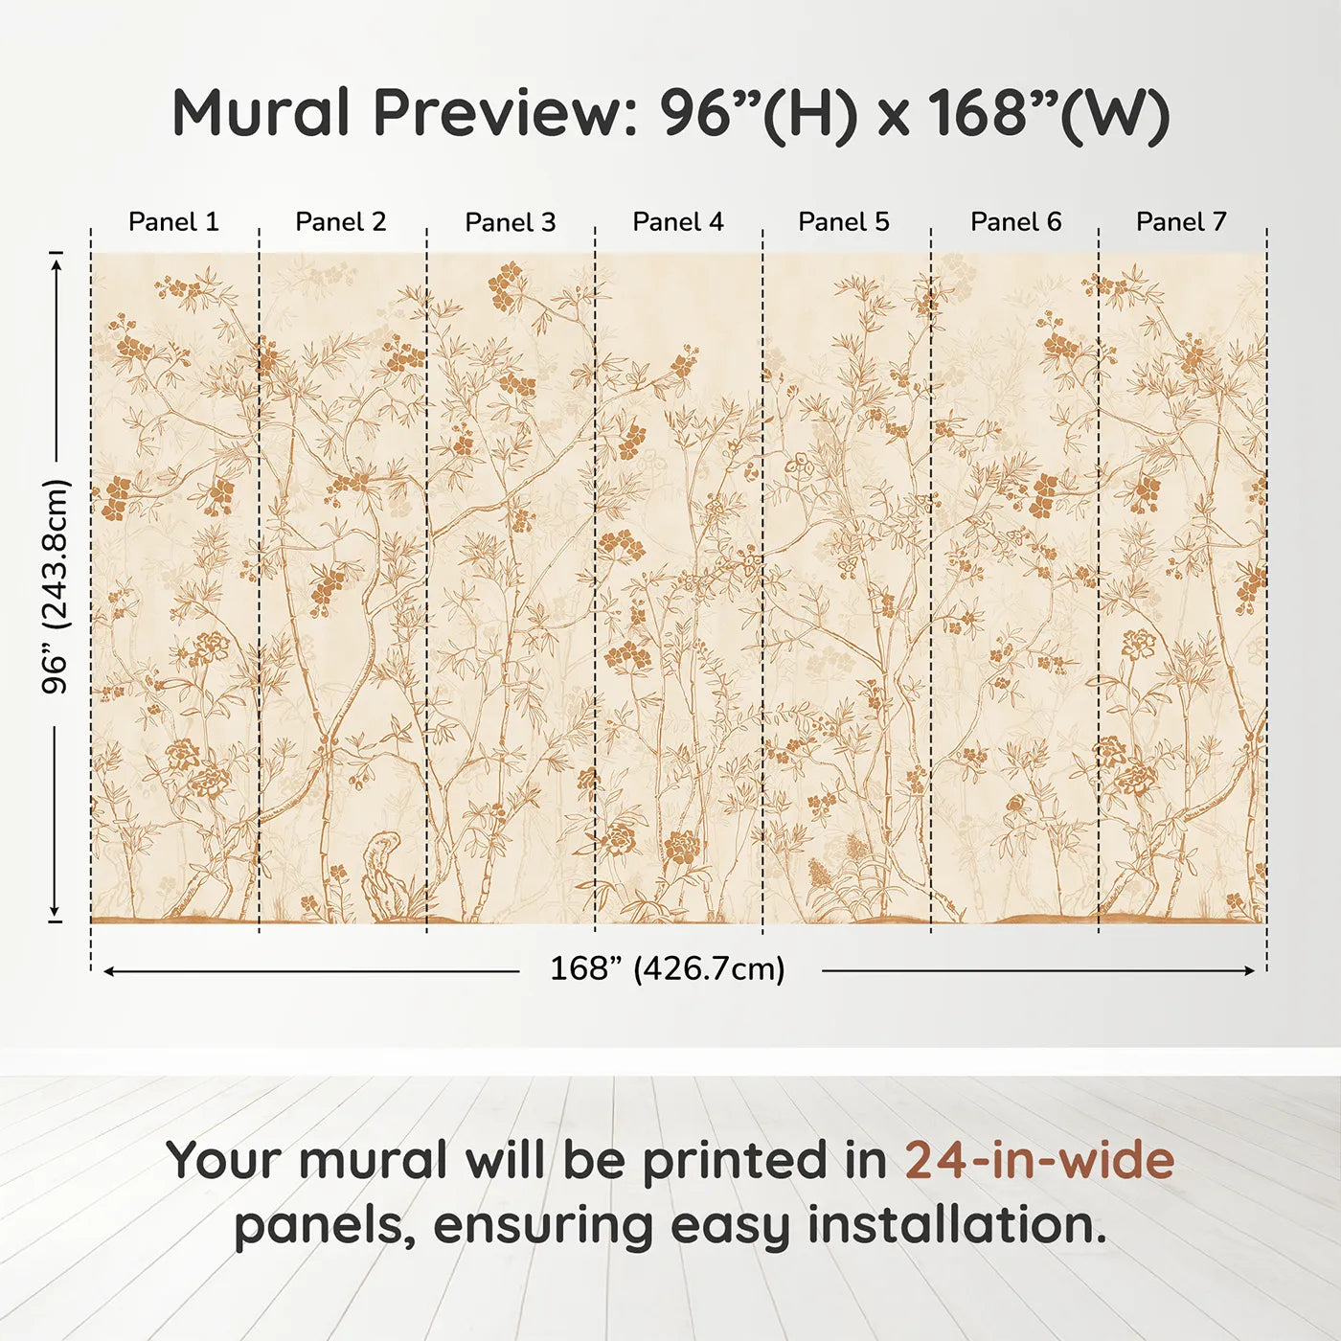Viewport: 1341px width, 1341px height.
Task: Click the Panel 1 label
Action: pyautogui.click(x=173, y=222)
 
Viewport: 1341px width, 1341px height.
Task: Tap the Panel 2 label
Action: pyautogui.click(x=341, y=222)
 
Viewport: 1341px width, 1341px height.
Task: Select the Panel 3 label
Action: pyautogui.click(x=511, y=222)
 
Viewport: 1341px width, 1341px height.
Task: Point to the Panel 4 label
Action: pyautogui.click(x=678, y=222)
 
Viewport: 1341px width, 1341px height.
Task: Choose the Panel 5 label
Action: pyautogui.click(x=844, y=222)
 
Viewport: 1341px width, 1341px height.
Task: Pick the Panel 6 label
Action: pyautogui.click(x=1016, y=222)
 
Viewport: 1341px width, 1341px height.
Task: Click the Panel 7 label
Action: pyautogui.click(x=1181, y=222)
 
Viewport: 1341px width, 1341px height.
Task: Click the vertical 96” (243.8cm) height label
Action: pyautogui.click(x=57, y=586)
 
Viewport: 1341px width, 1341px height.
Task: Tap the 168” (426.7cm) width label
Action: pyautogui.click(x=668, y=969)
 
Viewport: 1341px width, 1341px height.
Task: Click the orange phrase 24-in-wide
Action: pyautogui.click(x=1039, y=1160)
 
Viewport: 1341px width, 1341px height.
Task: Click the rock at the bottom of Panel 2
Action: pyautogui.click(x=388, y=876)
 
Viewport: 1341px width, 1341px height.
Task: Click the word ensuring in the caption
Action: pyautogui.click(x=543, y=1227)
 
